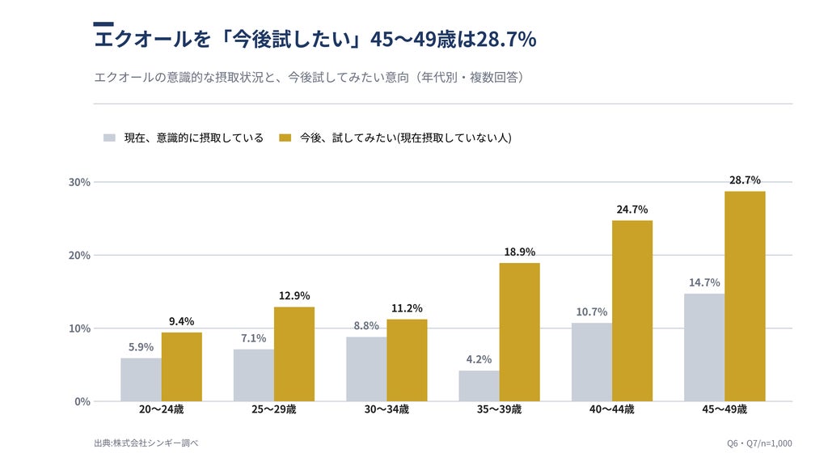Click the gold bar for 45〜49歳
point(745,296)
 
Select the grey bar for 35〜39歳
point(479,386)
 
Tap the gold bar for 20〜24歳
point(182,366)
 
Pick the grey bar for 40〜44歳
point(591,362)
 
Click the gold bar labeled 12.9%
point(294,354)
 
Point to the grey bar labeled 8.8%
point(366,369)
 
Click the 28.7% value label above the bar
point(745,180)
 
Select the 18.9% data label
point(520,252)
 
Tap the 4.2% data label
point(479,359)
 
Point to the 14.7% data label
point(704,282)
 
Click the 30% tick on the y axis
point(79,182)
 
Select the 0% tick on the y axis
point(82,401)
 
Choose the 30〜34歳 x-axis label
point(387,409)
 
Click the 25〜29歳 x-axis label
point(273,409)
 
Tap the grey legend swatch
point(109,138)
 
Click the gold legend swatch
point(285,138)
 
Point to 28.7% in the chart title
point(506,39)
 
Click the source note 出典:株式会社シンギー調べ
point(146,443)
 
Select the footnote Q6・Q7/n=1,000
point(759,443)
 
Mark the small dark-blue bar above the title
point(103,23)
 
